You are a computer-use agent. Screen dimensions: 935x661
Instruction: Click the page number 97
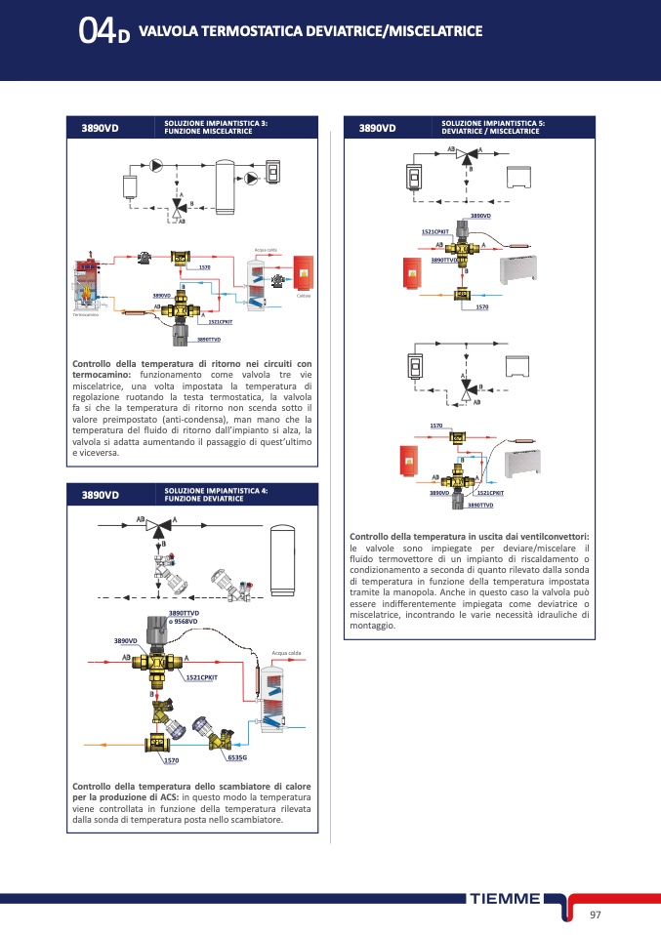595,915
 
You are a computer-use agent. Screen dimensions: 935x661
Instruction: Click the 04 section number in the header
98,33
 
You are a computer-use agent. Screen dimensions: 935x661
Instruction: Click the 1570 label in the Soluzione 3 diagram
204,266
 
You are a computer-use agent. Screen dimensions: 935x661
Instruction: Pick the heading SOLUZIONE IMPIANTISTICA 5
493,123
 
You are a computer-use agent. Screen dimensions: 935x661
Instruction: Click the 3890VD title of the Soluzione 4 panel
100,495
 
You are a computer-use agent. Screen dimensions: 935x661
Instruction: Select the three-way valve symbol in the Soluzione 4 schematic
155,527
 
